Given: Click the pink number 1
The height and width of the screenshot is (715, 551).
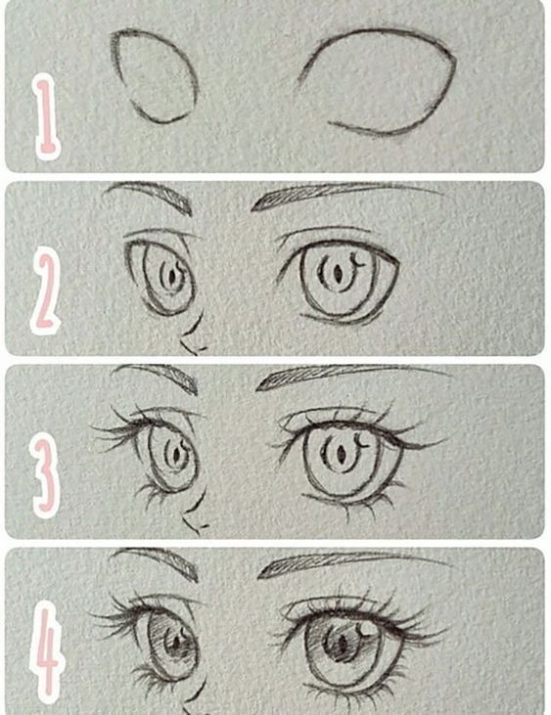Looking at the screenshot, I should point(44,117).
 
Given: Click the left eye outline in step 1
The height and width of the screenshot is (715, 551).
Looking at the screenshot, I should point(154,76).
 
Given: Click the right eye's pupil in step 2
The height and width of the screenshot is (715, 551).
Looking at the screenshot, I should point(337,275).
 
